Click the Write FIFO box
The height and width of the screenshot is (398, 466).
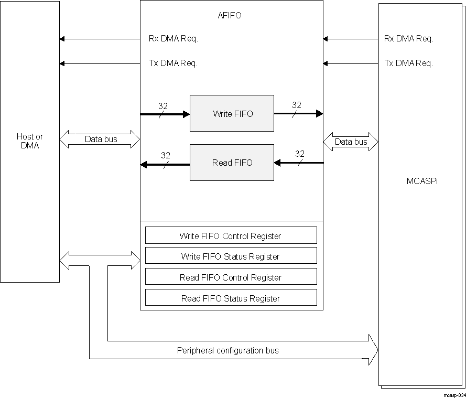pyautogui.click(x=231, y=113)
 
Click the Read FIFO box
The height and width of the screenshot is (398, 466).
pyautogui.click(x=231, y=163)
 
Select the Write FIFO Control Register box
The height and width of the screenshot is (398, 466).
pyautogui.click(x=231, y=235)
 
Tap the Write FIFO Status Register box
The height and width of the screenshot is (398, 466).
pyautogui.click(x=231, y=256)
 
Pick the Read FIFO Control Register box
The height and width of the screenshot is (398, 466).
pyautogui.click(x=231, y=277)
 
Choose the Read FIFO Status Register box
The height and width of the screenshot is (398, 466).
pyautogui.click(x=231, y=298)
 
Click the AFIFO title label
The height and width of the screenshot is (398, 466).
pyautogui.click(x=230, y=15)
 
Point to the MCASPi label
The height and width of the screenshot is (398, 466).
pyautogui.click(x=422, y=181)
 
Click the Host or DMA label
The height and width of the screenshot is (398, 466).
pyautogui.click(x=30, y=141)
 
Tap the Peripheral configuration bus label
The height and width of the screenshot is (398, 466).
pyautogui.click(x=227, y=350)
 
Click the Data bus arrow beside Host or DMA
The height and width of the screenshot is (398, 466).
pyautogui.click(x=100, y=139)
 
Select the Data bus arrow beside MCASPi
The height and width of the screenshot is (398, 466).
pyautogui.click(x=351, y=142)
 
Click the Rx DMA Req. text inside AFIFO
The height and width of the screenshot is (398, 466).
pyautogui.click(x=173, y=38)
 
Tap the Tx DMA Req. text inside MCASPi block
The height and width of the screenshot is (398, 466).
pyautogui.click(x=408, y=63)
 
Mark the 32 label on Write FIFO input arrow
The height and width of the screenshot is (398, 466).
pyautogui.click(x=162, y=106)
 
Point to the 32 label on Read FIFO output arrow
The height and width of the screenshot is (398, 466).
pyautogui.click(x=165, y=155)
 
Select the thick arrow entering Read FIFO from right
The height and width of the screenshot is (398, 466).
pyautogui.click(x=299, y=163)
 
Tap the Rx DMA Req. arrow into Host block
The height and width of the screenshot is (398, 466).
pyautogui.click(x=100, y=39)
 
